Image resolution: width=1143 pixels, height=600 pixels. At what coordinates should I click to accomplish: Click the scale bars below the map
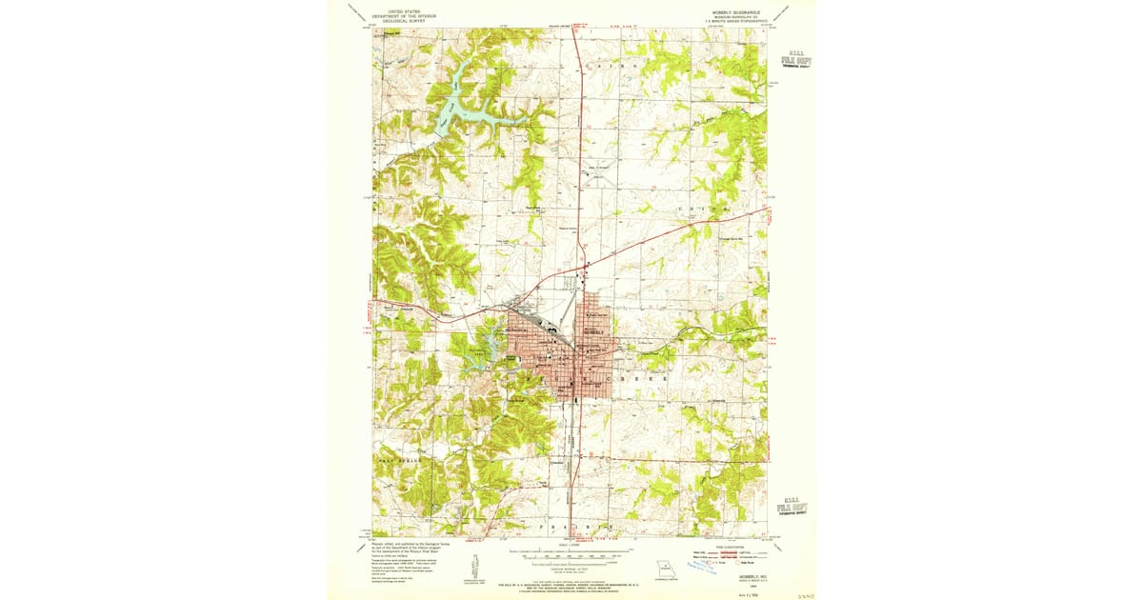[x=571, y=555]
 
